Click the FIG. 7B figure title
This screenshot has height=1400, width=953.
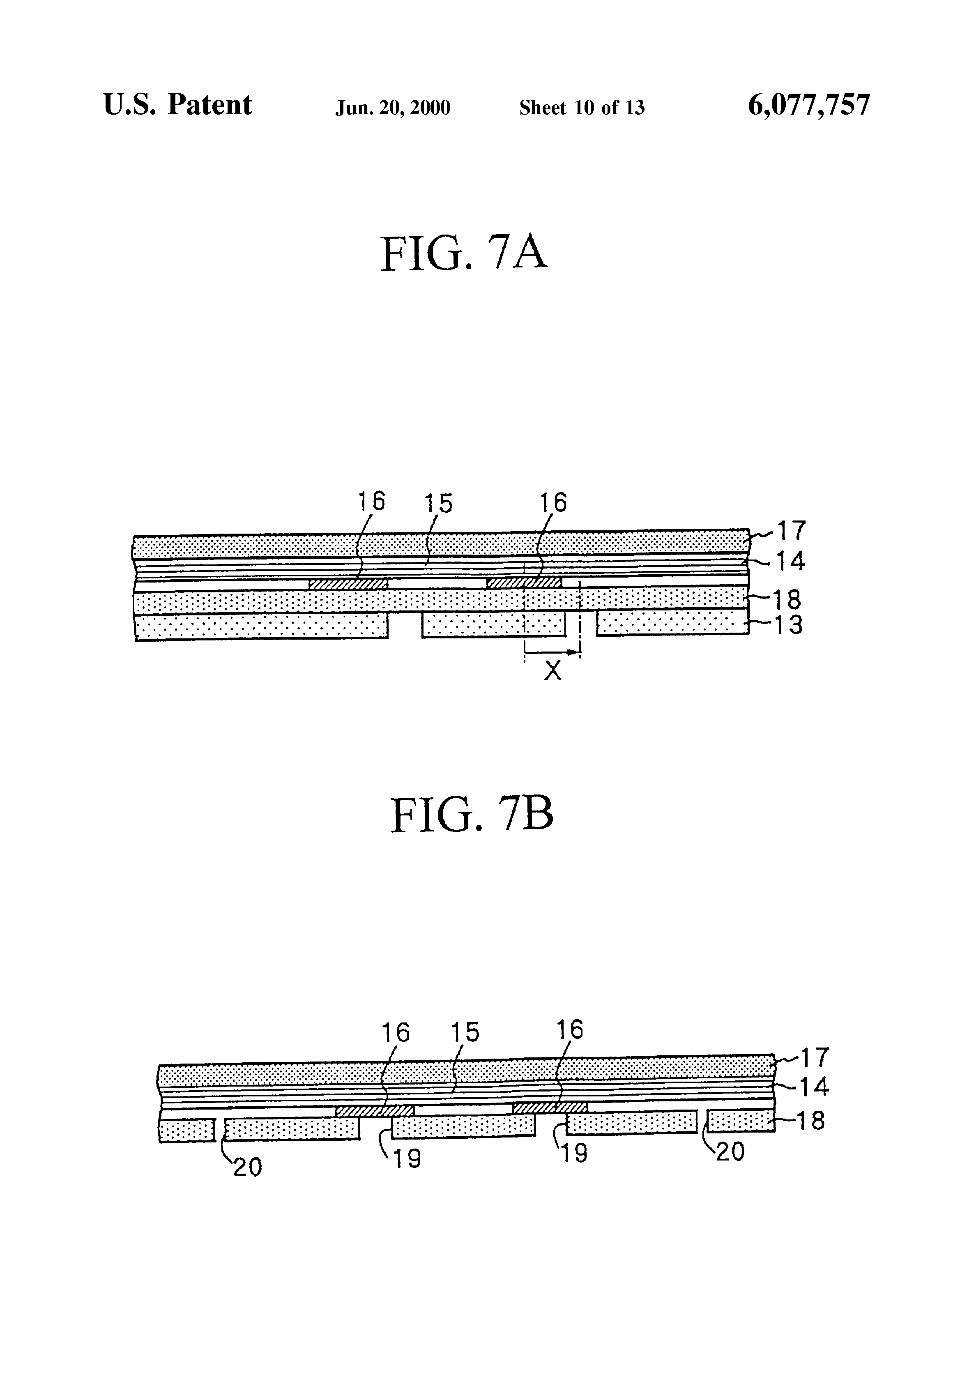click(472, 815)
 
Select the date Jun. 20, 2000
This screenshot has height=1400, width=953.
click(393, 108)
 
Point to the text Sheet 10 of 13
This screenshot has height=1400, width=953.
click(582, 107)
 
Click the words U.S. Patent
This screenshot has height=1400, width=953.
click(178, 105)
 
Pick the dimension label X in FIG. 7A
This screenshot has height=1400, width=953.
click(552, 670)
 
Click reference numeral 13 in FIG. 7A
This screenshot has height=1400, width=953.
click(789, 625)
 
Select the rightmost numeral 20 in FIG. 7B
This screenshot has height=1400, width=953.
click(730, 1152)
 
